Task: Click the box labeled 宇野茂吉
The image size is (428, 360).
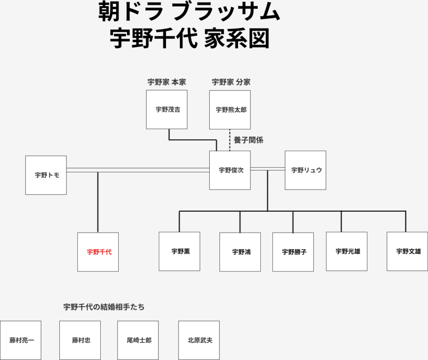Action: (x=167, y=110)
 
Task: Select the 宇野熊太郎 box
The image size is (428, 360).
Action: (x=230, y=110)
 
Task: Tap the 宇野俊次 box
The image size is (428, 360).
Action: (x=230, y=170)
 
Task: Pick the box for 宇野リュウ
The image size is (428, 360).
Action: (x=306, y=170)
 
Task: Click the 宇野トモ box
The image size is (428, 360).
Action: (x=46, y=175)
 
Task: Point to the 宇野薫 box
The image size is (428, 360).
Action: (x=180, y=251)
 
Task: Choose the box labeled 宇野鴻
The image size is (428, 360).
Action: (x=240, y=252)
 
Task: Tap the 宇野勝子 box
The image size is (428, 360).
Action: (x=293, y=252)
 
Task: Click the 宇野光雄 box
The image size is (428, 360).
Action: (x=347, y=251)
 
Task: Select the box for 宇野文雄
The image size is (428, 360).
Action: (x=408, y=251)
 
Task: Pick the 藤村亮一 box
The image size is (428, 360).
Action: (x=21, y=340)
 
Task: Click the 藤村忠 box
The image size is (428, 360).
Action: (x=80, y=340)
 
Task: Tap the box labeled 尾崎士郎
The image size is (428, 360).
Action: (x=138, y=340)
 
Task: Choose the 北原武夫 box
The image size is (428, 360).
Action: (x=199, y=340)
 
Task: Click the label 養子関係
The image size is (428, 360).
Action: (x=248, y=140)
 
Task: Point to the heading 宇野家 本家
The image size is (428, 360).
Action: (x=166, y=82)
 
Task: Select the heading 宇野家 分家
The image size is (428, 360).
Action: (x=231, y=82)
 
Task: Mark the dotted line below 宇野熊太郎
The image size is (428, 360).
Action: (x=230, y=140)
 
